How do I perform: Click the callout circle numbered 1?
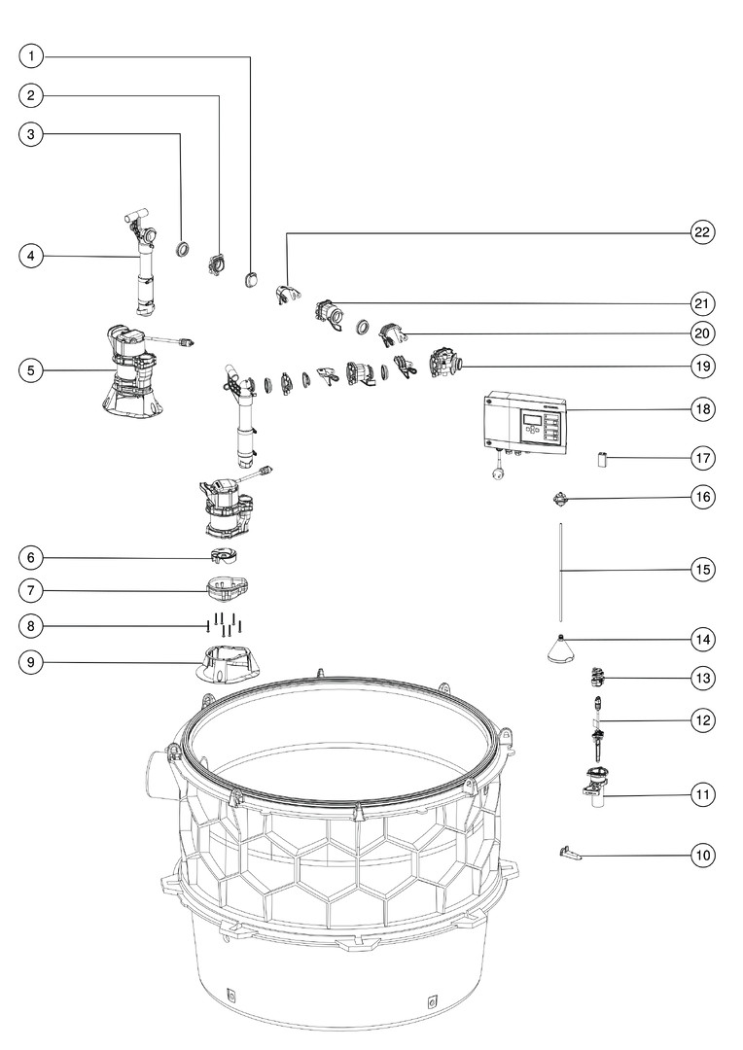click(31, 56)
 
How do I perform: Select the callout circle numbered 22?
click(703, 232)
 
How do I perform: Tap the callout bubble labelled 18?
click(703, 409)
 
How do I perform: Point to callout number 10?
click(703, 856)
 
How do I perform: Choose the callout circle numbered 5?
click(31, 370)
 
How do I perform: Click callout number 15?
click(703, 570)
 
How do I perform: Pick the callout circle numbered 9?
click(31, 662)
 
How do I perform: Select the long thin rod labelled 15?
click(560, 574)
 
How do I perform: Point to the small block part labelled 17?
click(602, 459)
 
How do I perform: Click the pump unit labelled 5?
click(131, 374)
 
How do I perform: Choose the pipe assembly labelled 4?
click(143, 264)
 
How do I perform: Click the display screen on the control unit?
click(532, 419)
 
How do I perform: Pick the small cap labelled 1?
click(251, 280)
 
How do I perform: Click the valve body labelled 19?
click(446, 364)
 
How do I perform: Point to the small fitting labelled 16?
click(560, 499)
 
